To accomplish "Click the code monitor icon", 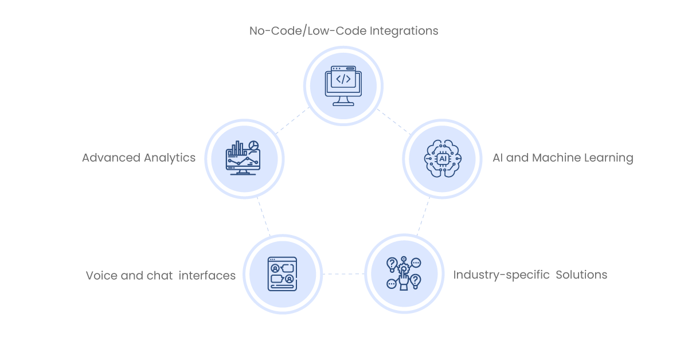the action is pyautogui.click(x=343, y=86).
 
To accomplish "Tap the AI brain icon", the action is pyautogui.click(x=443, y=158).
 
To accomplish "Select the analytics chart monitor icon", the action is pyautogui.click(x=243, y=158).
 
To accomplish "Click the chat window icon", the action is pyautogui.click(x=282, y=274).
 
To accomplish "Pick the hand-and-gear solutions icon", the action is pyautogui.click(x=404, y=273).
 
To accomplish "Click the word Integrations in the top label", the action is pyautogui.click(x=404, y=31).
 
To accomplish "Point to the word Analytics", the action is pyautogui.click(x=170, y=158).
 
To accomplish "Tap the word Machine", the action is pyautogui.click(x=556, y=158).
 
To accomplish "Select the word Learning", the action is pyautogui.click(x=609, y=158).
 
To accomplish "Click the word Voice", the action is pyautogui.click(x=101, y=276).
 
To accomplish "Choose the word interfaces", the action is pyautogui.click(x=207, y=276).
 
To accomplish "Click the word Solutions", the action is pyautogui.click(x=581, y=275).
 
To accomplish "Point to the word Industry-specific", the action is pyautogui.click(x=501, y=275).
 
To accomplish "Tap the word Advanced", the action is pyautogui.click(x=111, y=158).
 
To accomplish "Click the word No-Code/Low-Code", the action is pyautogui.click(x=308, y=31).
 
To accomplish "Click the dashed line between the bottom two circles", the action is pyautogui.click(x=343, y=273).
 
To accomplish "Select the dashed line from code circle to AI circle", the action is pyautogui.click(x=394, y=122).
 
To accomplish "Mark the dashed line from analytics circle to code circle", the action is pyautogui.click(x=292, y=120).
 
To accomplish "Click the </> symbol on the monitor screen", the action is pyautogui.click(x=343, y=79).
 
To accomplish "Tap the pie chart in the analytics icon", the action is pyautogui.click(x=253, y=145).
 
